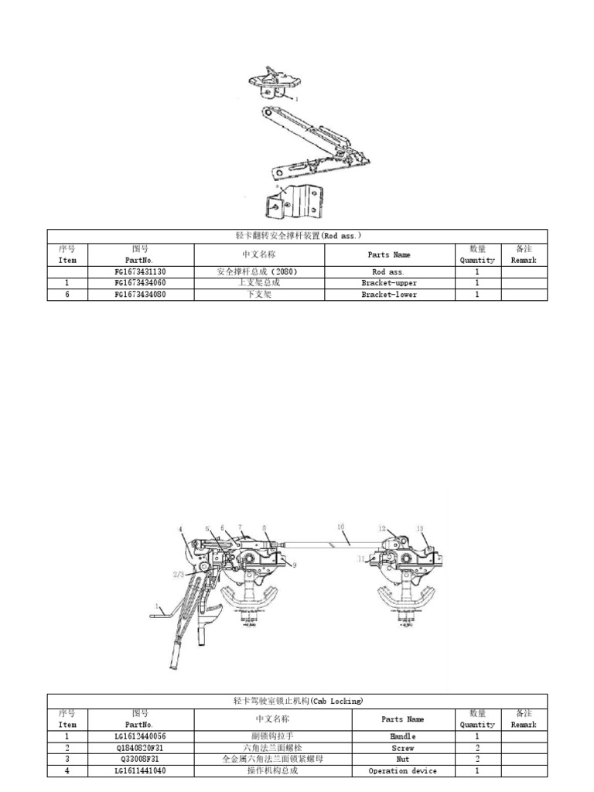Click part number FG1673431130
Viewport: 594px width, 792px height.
pos(140,272)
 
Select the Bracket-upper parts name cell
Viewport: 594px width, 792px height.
pos(389,284)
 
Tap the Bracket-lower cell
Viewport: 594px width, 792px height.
pos(389,295)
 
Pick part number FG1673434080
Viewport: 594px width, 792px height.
pos(140,295)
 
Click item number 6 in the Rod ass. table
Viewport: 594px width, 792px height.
pos(67,295)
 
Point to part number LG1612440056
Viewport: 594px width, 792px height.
pos(140,737)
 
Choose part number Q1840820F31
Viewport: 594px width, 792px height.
pos(140,749)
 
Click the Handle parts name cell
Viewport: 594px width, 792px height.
pos(403,737)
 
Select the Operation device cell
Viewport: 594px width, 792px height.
pos(403,771)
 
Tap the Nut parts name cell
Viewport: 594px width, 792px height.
pos(403,760)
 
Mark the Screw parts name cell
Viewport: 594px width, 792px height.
pos(403,749)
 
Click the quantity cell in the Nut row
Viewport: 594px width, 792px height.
pos(477,760)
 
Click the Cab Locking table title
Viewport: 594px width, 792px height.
pos(298,701)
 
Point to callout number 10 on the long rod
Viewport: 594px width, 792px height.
pos(340,526)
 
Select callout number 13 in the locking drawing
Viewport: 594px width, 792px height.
pos(420,528)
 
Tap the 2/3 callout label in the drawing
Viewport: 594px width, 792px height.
pos(178,575)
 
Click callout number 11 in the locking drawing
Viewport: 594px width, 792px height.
pos(360,558)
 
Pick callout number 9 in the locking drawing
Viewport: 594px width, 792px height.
pos(294,565)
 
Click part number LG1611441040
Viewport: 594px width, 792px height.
pos(140,771)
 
